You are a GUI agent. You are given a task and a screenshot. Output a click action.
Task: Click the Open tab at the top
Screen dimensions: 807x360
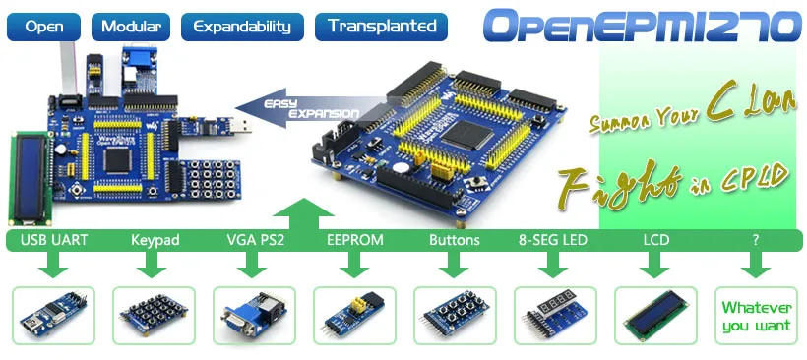tap(43, 26)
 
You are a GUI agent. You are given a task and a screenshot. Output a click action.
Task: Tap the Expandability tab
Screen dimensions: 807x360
tap(241, 26)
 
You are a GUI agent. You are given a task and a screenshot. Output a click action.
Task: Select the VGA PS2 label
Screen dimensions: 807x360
tap(255, 240)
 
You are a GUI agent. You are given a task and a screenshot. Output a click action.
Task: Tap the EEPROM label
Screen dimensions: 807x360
tap(354, 240)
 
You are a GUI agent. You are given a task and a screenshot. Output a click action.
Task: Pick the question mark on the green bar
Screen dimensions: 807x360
tap(756, 240)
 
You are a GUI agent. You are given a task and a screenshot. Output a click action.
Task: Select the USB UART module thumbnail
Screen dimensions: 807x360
tap(53, 317)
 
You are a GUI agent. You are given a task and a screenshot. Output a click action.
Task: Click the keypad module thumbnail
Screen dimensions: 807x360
tap(154, 317)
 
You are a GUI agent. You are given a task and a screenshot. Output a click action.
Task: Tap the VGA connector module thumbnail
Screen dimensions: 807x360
tap(254, 317)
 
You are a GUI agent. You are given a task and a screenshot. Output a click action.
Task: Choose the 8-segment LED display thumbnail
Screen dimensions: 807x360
tap(555, 317)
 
